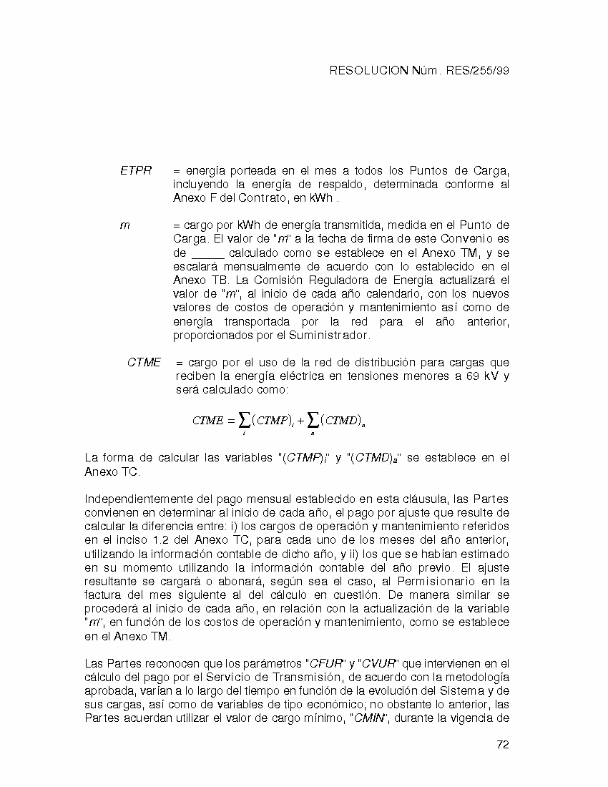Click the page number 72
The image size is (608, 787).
coord(502,745)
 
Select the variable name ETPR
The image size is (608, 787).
coord(136,171)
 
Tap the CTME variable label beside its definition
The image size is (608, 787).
coord(144,363)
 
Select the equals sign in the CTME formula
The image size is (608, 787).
coord(231,421)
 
